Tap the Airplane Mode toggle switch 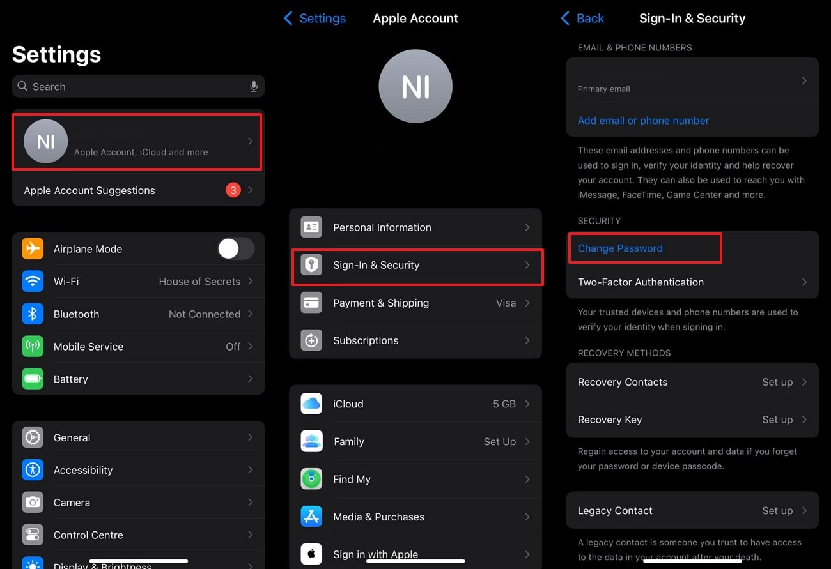click(236, 249)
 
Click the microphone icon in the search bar click(254, 86)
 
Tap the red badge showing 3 click(233, 190)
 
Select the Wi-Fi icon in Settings click(33, 282)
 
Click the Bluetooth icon click(33, 314)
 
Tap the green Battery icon click(33, 379)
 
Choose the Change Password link click(620, 248)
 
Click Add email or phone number click(643, 121)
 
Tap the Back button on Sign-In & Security click(582, 19)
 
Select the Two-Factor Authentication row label click(641, 282)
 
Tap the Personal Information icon click(311, 227)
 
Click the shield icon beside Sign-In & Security click(311, 265)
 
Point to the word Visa click(506, 303)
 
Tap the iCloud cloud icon click(311, 404)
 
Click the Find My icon click(311, 479)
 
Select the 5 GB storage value click(504, 404)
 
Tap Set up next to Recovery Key click(777, 420)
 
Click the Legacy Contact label click(615, 511)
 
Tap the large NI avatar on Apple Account click(415, 86)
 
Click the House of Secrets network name click(199, 282)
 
